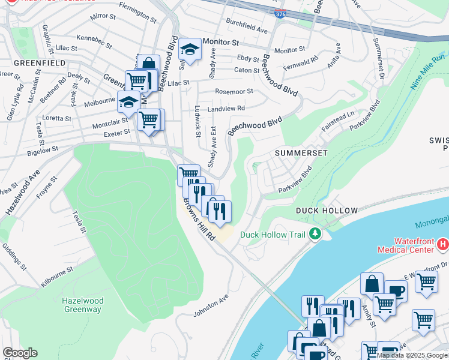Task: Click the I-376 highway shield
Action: [x=280, y=30]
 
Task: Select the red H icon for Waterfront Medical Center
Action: [x=443, y=244]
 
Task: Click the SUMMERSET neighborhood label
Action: [x=301, y=153]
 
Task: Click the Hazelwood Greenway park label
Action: [x=82, y=305]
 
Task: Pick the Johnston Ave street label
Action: [x=211, y=305]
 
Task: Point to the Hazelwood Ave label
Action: [x=22, y=192]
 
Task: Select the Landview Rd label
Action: [x=226, y=108]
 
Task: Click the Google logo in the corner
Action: [x=20, y=353]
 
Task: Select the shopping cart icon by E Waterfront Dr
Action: [x=426, y=281]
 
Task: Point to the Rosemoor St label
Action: [x=234, y=92]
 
